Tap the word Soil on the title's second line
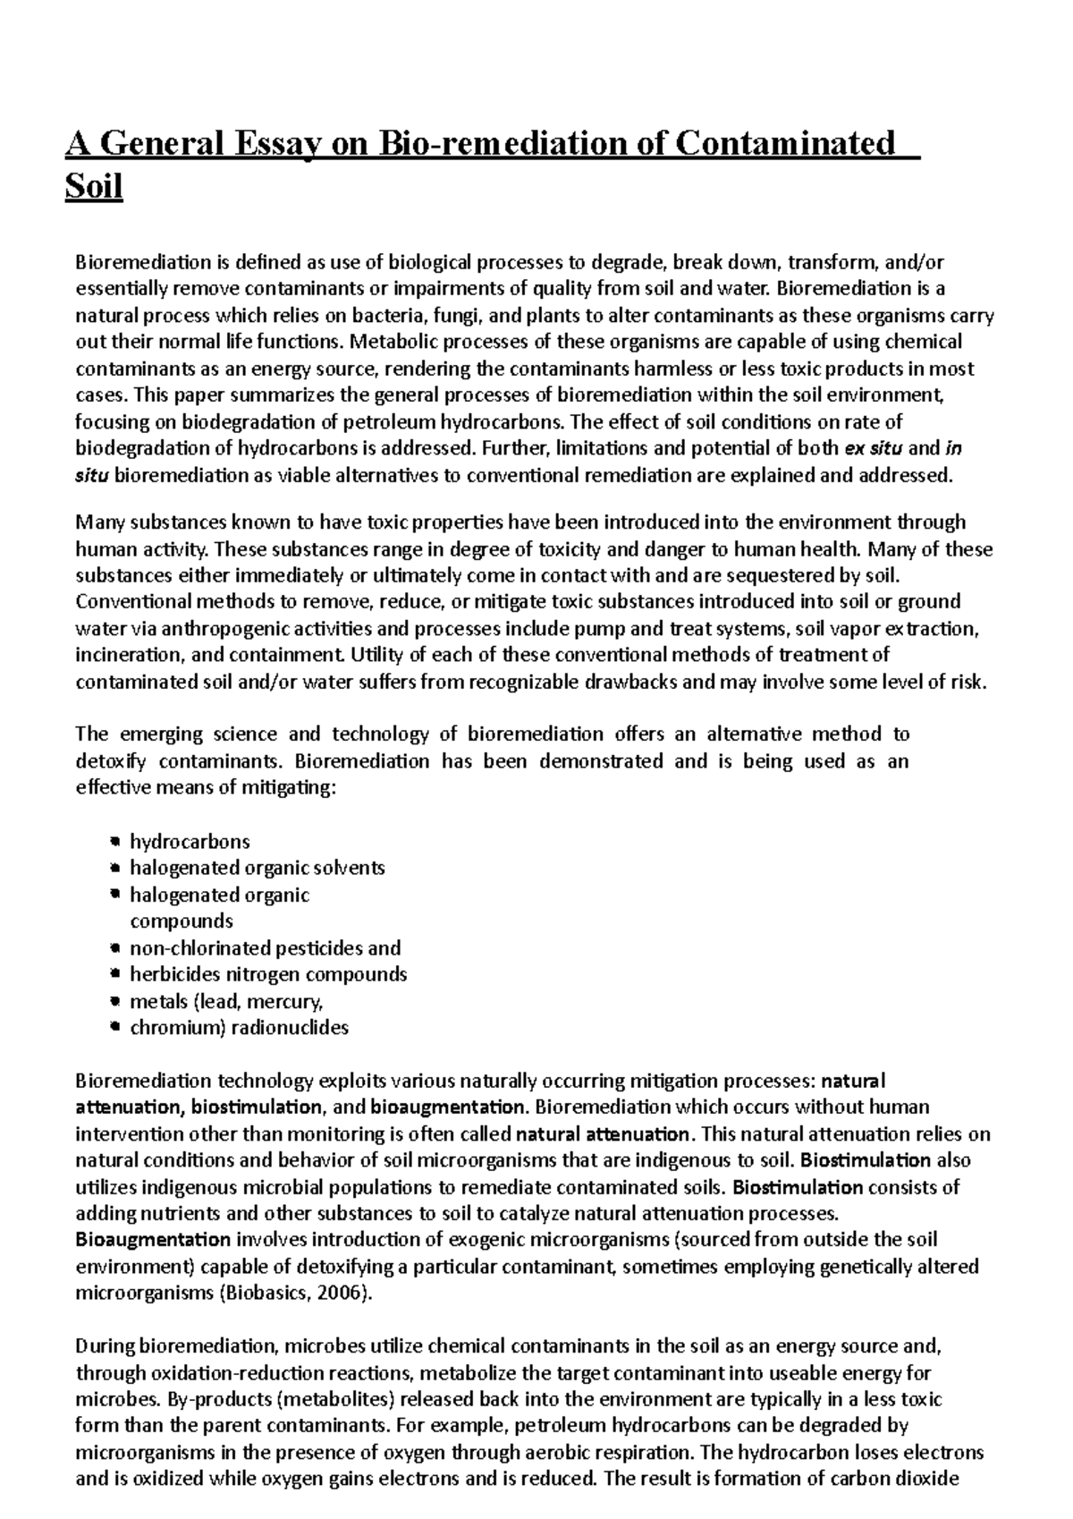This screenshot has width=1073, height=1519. (93, 188)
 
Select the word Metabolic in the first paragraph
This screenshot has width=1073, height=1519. (385, 342)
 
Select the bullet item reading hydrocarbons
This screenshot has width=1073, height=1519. (190, 842)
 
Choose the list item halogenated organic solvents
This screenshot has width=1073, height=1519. (258, 868)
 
